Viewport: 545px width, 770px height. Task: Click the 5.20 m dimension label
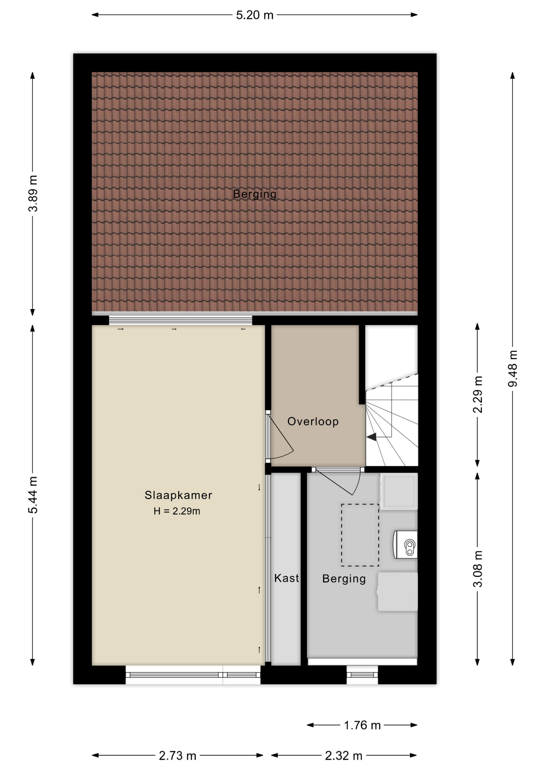(254, 15)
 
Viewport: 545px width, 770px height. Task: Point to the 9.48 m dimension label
(512, 369)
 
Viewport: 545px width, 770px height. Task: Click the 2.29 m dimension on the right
(478, 394)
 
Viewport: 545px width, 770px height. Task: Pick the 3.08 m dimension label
(478, 569)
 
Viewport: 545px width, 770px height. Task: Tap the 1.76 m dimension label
(362, 725)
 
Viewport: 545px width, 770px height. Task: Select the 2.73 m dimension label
(177, 756)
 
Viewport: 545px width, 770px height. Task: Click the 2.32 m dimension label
(344, 756)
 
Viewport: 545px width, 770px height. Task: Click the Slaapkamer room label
(178, 495)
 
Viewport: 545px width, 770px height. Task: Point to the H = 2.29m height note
(177, 511)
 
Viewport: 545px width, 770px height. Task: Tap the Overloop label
(313, 421)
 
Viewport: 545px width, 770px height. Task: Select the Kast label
(287, 578)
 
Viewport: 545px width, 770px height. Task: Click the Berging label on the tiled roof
(255, 195)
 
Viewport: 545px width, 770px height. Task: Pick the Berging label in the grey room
(344, 579)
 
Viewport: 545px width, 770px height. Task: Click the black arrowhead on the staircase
(372, 437)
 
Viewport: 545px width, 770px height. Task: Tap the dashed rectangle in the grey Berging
(360, 535)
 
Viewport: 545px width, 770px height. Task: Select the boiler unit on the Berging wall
(405, 544)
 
